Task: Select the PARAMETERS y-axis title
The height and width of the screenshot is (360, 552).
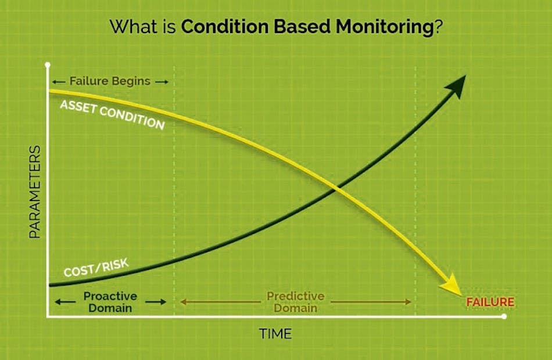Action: pos(34,192)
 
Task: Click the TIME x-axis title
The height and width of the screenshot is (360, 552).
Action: pos(275,334)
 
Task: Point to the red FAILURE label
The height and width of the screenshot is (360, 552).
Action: pos(490,302)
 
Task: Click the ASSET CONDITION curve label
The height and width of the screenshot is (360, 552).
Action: pos(112,114)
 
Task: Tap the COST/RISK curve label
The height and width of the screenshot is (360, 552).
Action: pos(96,268)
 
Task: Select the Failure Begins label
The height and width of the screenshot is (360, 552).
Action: pos(110,81)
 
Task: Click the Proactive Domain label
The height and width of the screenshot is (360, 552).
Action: pos(110,302)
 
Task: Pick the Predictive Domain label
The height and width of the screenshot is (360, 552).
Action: pos(295,302)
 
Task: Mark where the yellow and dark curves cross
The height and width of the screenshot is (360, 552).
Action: pos(335,188)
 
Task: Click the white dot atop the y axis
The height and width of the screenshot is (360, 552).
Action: pos(48,65)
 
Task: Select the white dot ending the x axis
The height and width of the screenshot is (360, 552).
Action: pos(504,316)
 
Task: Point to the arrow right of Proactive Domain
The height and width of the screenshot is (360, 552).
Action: pos(155,302)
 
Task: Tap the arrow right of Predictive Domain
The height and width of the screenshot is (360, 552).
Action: pos(372,302)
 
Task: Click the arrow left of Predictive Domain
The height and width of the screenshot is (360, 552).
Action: pos(221,302)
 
